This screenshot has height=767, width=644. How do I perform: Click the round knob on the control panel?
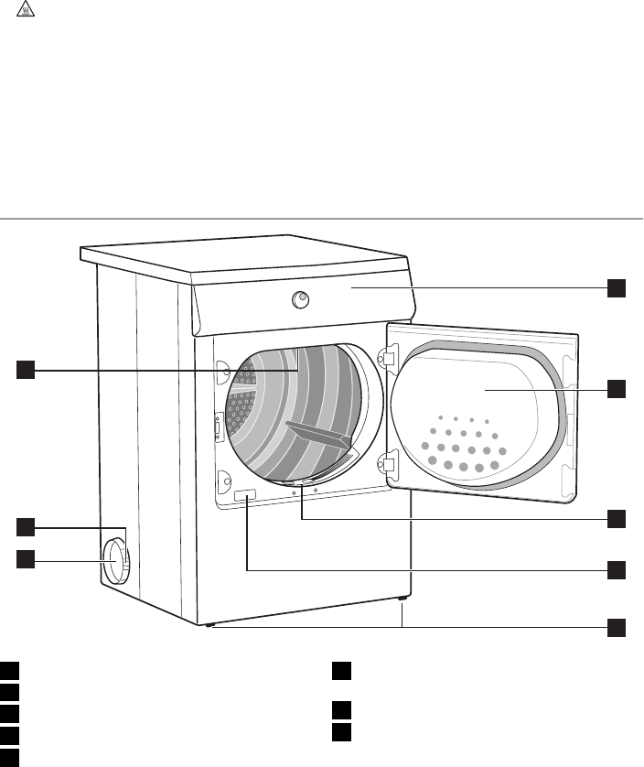pyautogui.click(x=300, y=298)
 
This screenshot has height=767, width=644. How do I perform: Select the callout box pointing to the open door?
pyautogui.click(x=617, y=388)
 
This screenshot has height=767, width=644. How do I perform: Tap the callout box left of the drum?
pyautogui.click(x=26, y=369)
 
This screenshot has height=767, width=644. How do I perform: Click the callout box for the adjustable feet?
pyautogui.click(x=617, y=627)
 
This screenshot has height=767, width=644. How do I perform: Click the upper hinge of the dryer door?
pyautogui.click(x=388, y=360)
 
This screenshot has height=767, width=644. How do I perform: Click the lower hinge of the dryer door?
pyautogui.click(x=388, y=465)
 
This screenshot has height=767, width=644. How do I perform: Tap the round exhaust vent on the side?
pyautogui.click(x=115, y=560)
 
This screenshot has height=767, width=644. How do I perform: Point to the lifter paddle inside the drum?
pyautogui.click(x=320, y=437)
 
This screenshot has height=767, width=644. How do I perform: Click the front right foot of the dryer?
pyautogui.click(x=402, y=600)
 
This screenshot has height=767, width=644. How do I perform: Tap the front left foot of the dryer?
pyautogui.click(x=212, y=626)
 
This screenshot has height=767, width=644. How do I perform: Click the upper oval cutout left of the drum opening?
pyautogui.click(x=221, y=370)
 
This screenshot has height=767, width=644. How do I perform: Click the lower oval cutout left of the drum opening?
pyautogui.click(x=221, y=477)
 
